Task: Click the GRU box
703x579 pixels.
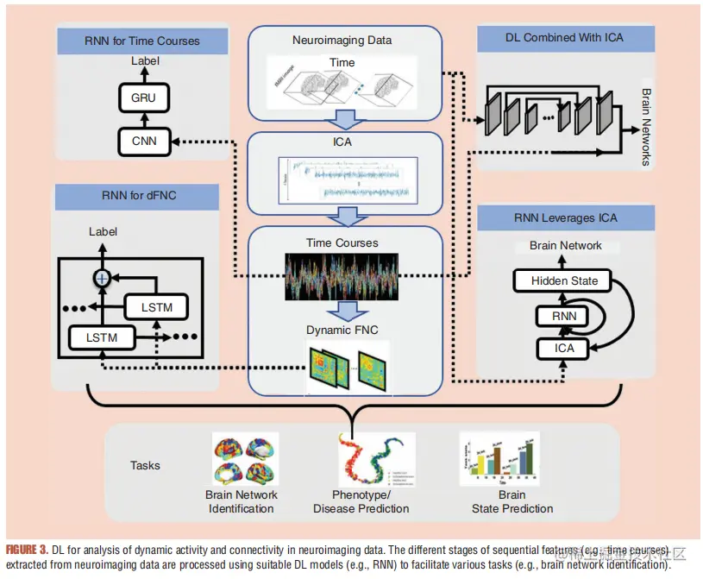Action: click(144, 98)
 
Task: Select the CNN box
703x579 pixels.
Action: click(144, 140)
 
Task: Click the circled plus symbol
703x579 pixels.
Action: click(102, 277)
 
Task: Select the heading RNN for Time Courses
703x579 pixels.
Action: click(142, 41)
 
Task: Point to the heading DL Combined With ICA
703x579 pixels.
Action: click(564, 37)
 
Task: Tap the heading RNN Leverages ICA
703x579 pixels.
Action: click(564, 217)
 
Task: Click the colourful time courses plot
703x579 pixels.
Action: click(342, 276)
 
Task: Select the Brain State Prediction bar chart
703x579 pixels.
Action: click(499, 458)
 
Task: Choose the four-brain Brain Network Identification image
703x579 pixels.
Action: click(244, 460)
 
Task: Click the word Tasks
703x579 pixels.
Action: click(145, 465)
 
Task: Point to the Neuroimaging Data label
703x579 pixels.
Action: click(342, 40)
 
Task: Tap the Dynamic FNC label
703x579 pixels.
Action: click(342, 330)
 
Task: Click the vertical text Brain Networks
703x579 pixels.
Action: click(647, 125)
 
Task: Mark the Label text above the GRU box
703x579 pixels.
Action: click(145, 62)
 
